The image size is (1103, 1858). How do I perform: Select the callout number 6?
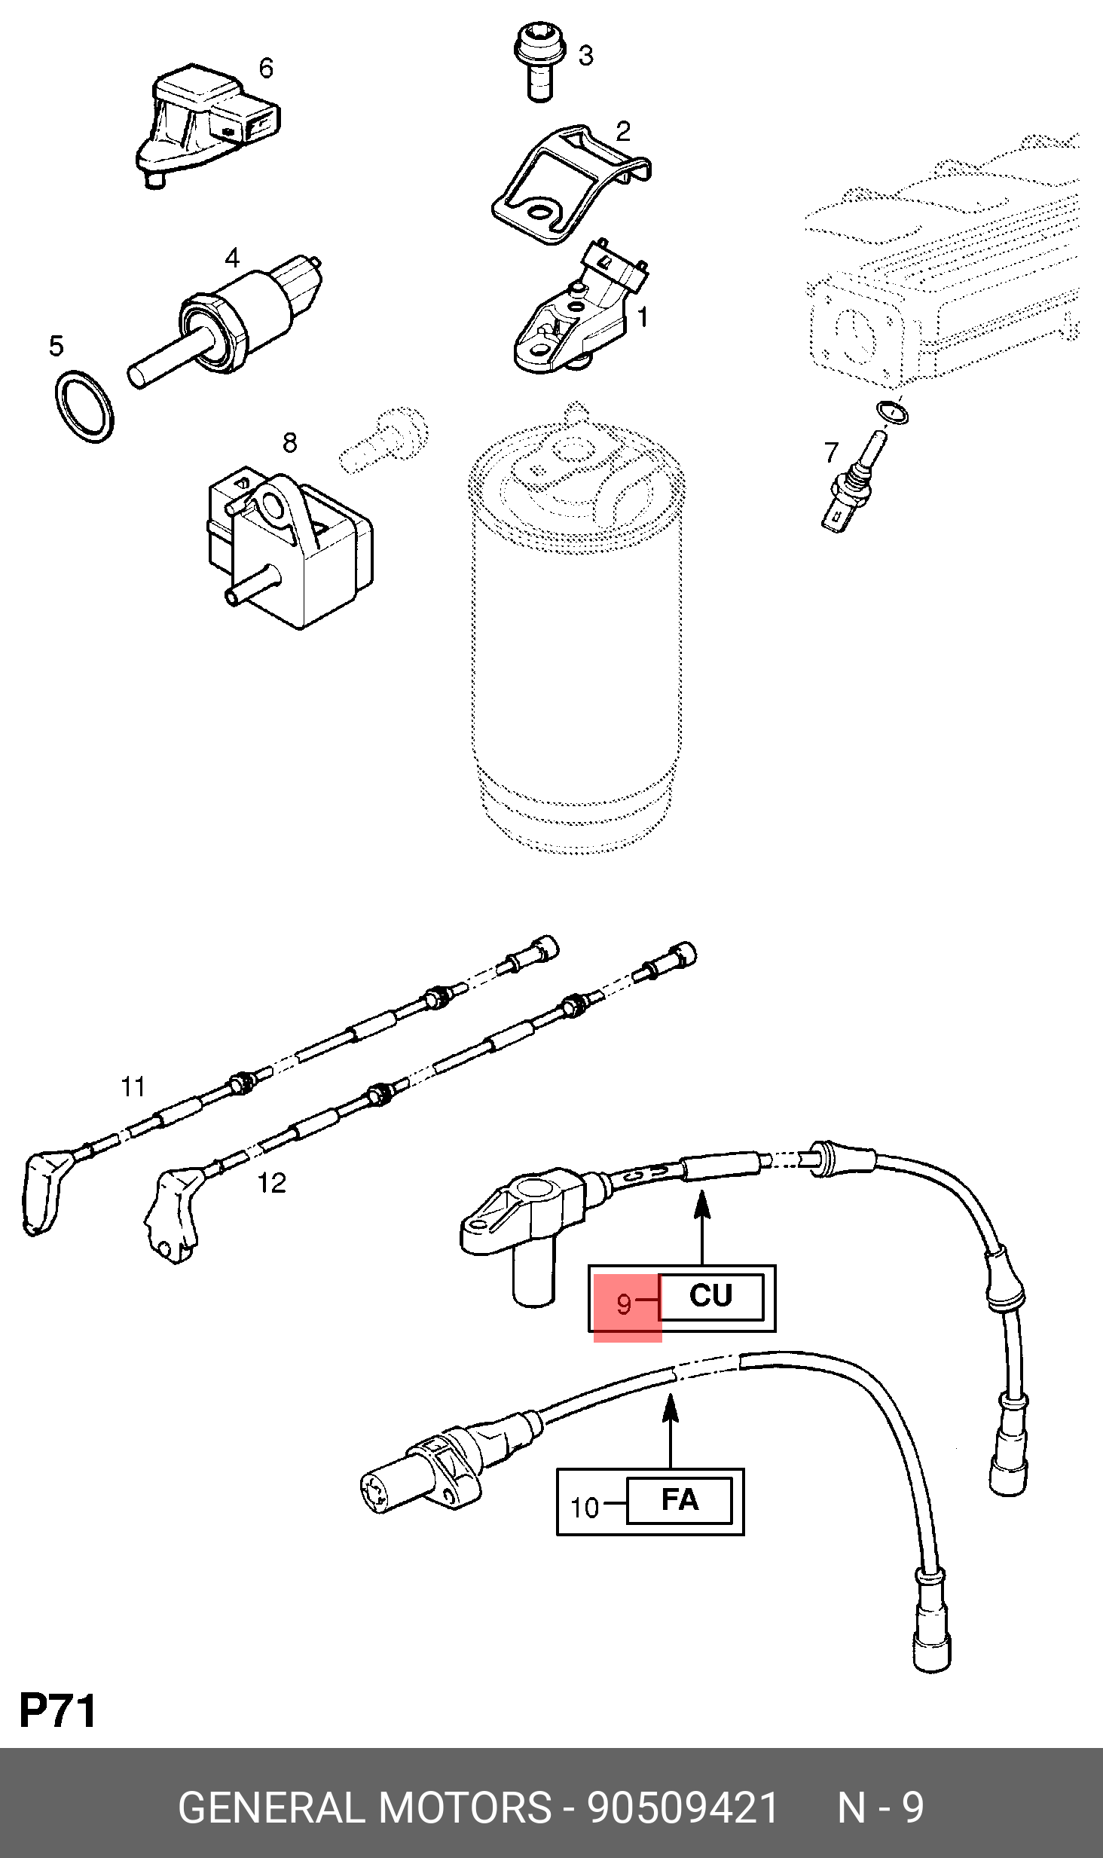[x=266, y=68]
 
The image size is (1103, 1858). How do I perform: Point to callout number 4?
[x=232, y=258]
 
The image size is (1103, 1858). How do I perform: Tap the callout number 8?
[x=290, y=442]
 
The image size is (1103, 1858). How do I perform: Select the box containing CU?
[x=711, y=1297]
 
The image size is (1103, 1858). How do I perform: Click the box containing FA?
[x=680, y=1500]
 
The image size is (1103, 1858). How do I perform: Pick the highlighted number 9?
[x=624, y=1303]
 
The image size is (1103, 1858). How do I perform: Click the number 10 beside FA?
[x=585, y=1508]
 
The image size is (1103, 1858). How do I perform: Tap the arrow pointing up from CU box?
[x=702, y=1227]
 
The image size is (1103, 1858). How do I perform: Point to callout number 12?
[x=272, y=1183]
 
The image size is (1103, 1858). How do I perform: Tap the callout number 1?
[x=642, y=317]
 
